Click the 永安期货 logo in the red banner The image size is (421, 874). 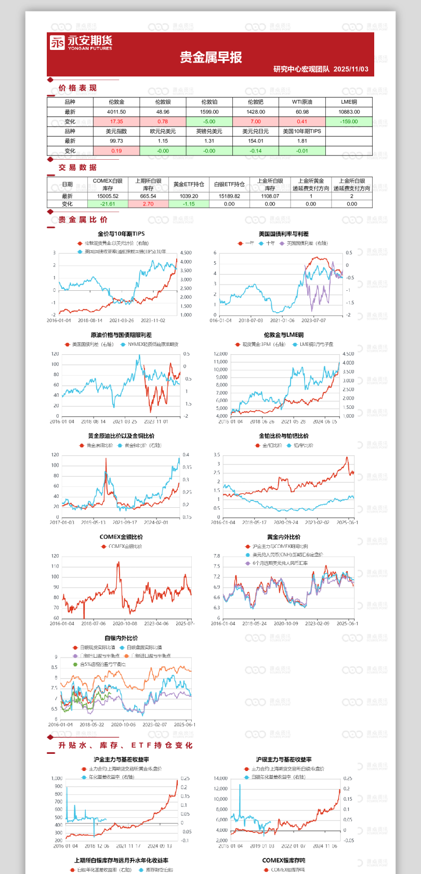81,43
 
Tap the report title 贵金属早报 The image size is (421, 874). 210,58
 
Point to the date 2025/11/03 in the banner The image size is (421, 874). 351,69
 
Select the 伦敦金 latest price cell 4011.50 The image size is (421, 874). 116,112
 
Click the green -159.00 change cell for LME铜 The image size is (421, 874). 349,122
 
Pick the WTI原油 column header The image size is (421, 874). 302,102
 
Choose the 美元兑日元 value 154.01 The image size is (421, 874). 256,141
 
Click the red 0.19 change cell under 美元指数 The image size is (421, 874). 116,151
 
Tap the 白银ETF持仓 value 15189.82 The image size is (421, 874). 229,197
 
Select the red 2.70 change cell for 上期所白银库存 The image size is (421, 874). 148,204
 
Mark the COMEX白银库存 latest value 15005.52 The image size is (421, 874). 108,197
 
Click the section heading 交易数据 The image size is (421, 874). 77,168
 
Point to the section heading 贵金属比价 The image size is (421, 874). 83,220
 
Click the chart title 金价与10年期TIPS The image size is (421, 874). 121,234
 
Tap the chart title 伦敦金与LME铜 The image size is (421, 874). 283,335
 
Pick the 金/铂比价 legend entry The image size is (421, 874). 272,446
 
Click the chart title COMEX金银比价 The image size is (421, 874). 121,537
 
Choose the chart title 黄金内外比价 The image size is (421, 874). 283,537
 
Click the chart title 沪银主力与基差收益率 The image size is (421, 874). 283,760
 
